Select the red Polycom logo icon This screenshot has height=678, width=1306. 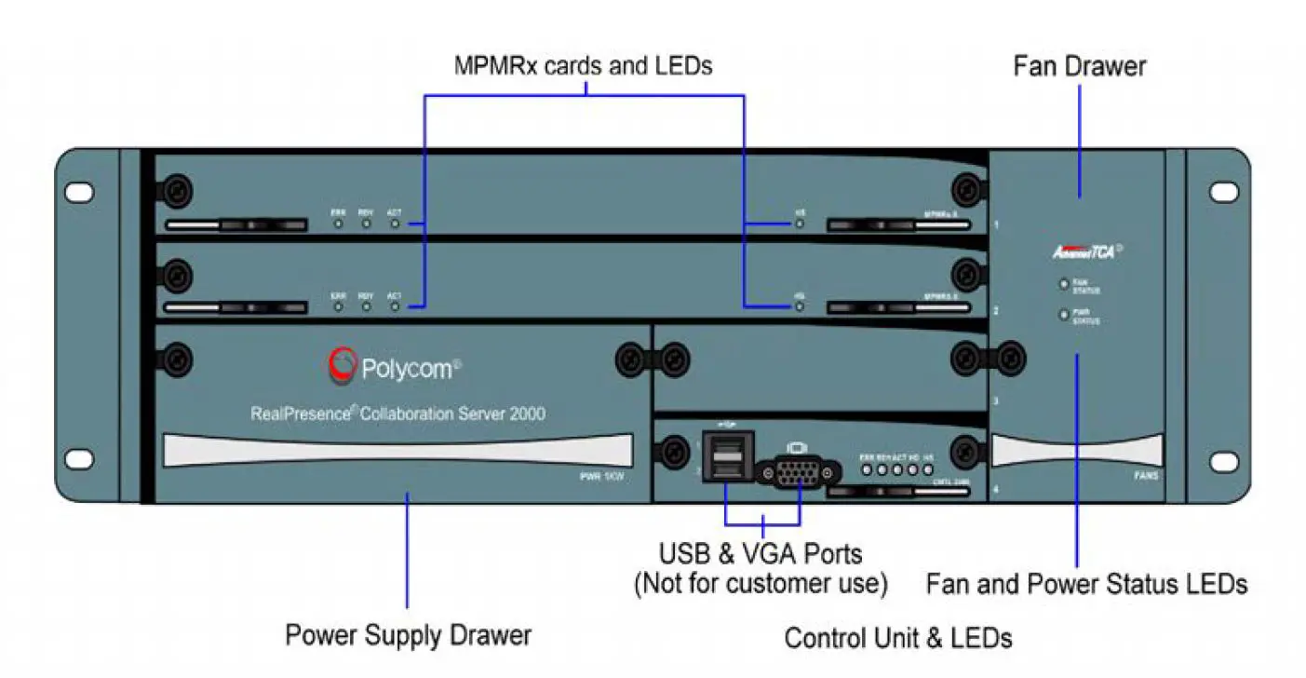click(342, 366)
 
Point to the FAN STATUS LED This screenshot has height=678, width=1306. click(1062, 285)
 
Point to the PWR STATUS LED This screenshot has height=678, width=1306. click(1062, 315)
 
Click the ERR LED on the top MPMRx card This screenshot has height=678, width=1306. click(339, 224)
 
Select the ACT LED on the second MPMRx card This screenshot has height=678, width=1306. click(395, 305)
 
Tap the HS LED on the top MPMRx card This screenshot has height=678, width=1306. click(800, 224)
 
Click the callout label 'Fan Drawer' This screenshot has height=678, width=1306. click(1079, 66)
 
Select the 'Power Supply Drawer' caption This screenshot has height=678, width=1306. click(408, 635)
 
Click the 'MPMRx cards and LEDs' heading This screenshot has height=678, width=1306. click(583, 66)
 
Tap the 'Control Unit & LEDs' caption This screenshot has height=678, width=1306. click(897, 638)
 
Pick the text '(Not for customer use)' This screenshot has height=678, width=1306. click(761, 584)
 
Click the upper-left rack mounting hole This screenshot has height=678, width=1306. click(79, 192)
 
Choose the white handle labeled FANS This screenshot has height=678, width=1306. click(1076, 452)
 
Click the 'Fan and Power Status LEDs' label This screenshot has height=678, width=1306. click(1086, 584)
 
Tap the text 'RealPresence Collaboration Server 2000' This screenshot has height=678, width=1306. click(397, 413)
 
